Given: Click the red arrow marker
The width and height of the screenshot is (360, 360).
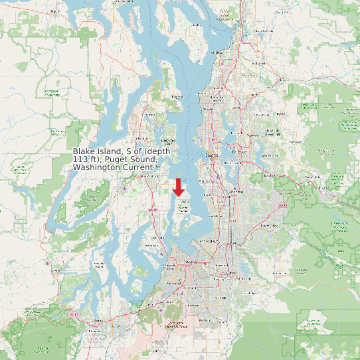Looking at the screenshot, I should click(178, 187).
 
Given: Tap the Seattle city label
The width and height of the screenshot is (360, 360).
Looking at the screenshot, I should click(212, 154).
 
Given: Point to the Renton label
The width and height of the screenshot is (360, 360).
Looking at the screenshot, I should click(236, 191).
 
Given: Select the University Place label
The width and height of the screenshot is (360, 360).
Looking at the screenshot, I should click(170, 268).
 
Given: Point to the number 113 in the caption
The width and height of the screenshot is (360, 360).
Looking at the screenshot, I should click(82, 160).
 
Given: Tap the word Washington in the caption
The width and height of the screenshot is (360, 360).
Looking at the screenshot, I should click(96, 168).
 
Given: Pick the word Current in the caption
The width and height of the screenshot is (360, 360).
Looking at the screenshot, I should click(136, 168).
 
